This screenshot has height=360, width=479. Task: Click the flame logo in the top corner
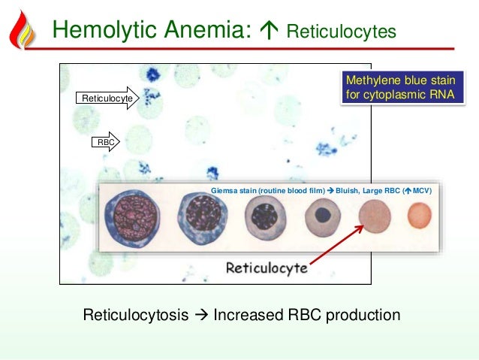pyautogui.click(x=23, y=28)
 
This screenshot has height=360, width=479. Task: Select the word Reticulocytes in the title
pyautogui.click(x=342, y=32)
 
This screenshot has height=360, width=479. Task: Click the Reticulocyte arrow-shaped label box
pyautogui.click(x=107, y=98)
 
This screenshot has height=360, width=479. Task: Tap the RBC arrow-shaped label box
pyautogui.click(x=106, y=141)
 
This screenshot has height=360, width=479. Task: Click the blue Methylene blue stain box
pyautogui.click(x=399, y=88)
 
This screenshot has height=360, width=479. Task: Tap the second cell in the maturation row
pyautogui.click(x=203, y=218)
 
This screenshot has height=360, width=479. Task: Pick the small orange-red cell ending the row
pyautogui.click(x=420, y=217)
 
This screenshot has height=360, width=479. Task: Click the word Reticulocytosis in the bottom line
pyautogui.click(x=135, y=314)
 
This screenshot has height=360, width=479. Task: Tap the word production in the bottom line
pyautogui.click(x=360, y=314)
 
